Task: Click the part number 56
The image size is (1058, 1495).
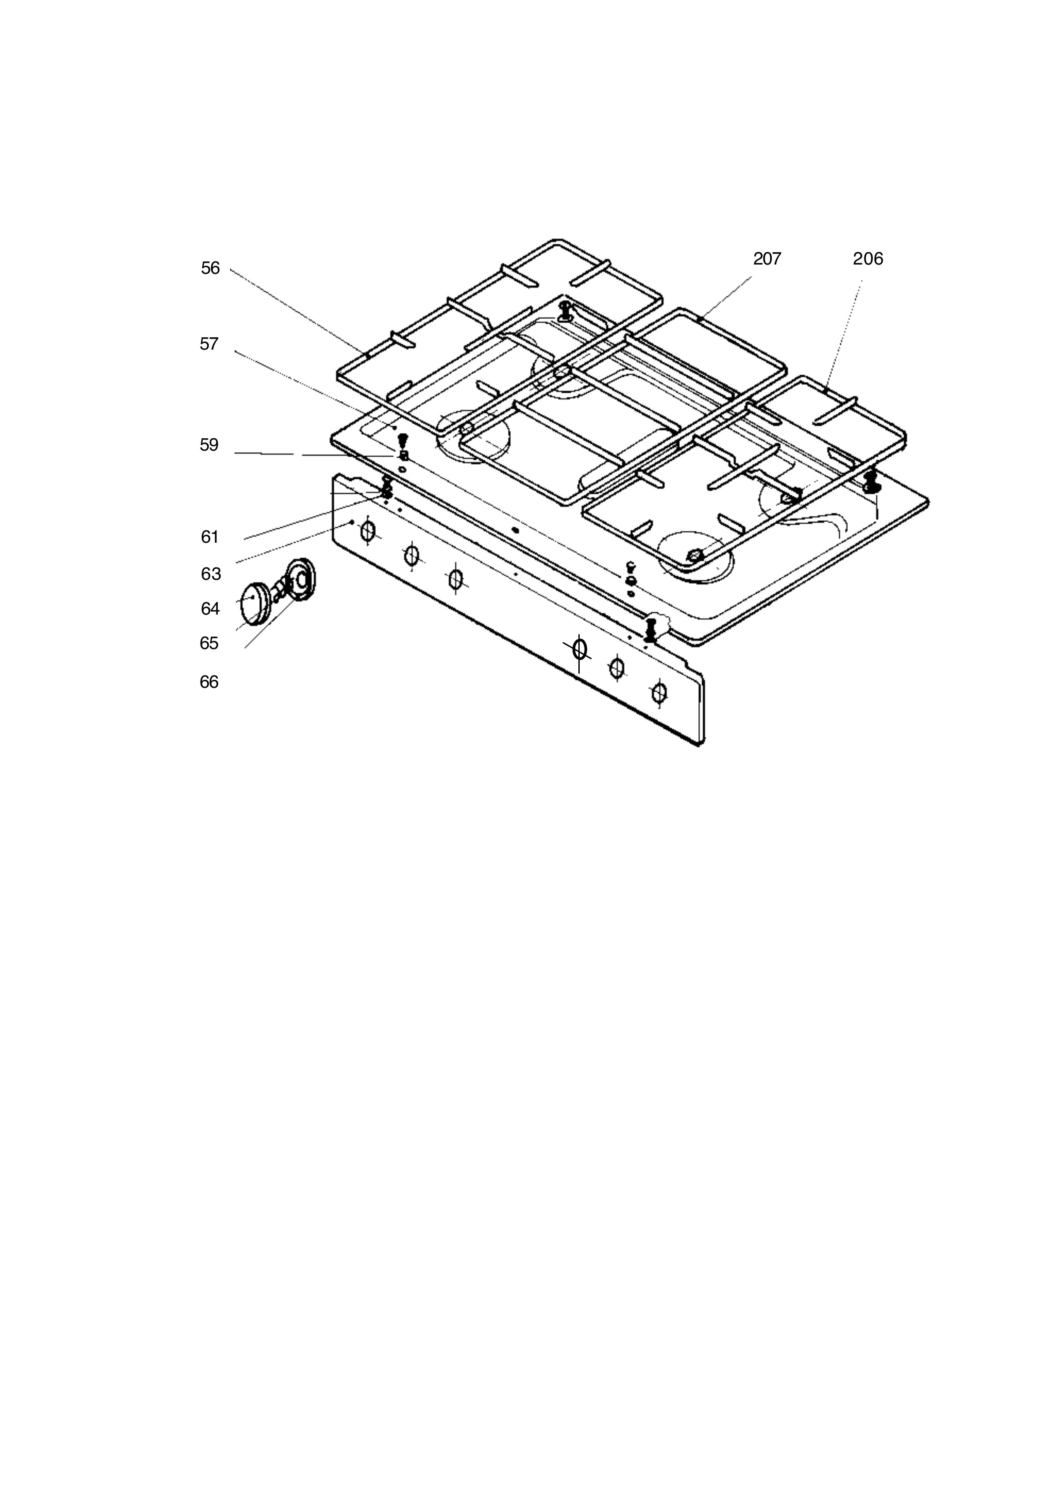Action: pyautogui.click(x=210, y=268)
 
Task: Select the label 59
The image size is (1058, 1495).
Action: pyautogui.click(x=209, y=446)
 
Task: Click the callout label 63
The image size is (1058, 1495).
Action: pyautogui.click(x=211, y=574)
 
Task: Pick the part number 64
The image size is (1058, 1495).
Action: pyautogui.click(x=210, y=609)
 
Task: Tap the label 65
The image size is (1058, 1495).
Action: pyautogui.click(x=209, y=644)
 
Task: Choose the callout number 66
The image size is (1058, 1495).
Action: pyautogui.click(x=209, y=682)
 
